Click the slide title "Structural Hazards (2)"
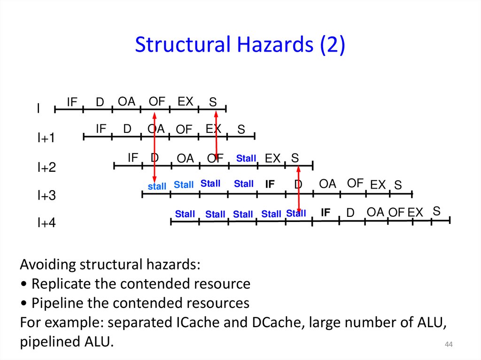click(240, 45)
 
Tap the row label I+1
click(47, 138)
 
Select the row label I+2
click(47, 167)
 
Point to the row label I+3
click(47, 195)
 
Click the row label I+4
click(47, 223)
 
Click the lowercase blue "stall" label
click(157, 186)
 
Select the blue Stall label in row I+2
click(246, 159)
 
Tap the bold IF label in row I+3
click(270, 184)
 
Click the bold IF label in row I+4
click(326, 213)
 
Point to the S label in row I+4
click(436, 211)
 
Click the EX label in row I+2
click(272, 159)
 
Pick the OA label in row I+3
click(327, 184)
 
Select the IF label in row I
click(72, 102)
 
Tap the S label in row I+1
click(241, 130)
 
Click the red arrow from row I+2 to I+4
click(299, 188)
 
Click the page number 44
click(448, 345)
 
